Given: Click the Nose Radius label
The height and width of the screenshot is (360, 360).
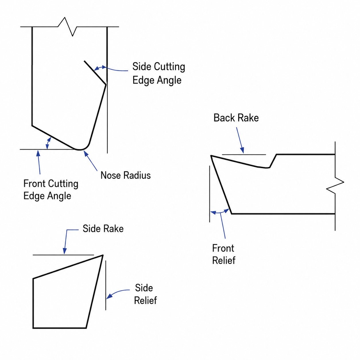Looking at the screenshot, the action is click(125, 175).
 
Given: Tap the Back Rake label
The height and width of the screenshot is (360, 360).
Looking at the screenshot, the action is click(236, 118).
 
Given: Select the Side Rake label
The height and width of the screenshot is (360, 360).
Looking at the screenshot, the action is click(103, 229).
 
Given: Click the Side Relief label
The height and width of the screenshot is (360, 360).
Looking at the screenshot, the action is click(145, 294).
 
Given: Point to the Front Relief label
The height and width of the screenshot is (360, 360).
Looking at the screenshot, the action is click(224, 254).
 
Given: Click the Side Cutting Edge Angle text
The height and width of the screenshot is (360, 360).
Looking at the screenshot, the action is click(158, 73).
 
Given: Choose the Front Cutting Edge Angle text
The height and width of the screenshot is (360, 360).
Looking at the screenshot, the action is click(51, 190).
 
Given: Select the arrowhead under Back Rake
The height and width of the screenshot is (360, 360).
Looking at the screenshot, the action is click(242, 150).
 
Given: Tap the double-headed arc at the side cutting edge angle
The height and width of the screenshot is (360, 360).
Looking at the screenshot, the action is click(100, 68).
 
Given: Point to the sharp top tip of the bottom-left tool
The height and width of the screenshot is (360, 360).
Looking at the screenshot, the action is click(103, 255).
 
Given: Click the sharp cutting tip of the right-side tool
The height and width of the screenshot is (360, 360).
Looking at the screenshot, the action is click(211, 156).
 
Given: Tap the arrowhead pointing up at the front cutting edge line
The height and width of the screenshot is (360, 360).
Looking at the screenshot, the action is click(38, 154).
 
